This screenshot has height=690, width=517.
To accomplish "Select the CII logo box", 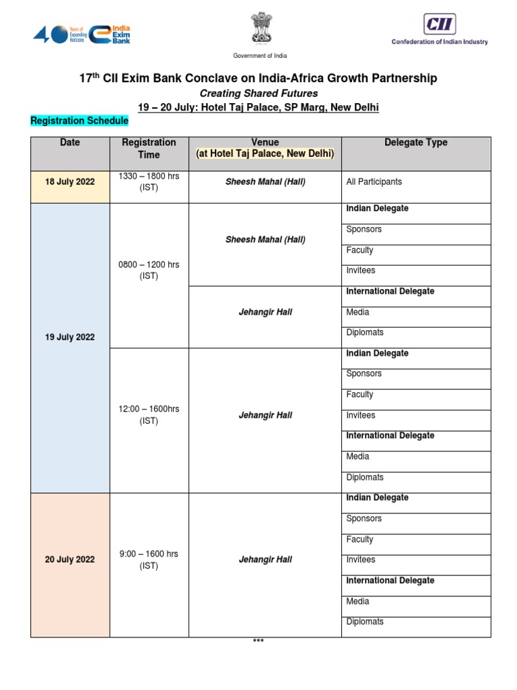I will (x=440, y=24).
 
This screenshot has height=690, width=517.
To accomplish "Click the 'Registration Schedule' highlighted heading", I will (x=79, y=121).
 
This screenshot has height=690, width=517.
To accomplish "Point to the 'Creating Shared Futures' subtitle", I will (x=258, y=93).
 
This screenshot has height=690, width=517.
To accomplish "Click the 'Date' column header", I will (x=70, y=143).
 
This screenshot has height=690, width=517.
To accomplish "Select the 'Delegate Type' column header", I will (x=415, y=143).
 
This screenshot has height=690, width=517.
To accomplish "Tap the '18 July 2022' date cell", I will (x=70, y=182).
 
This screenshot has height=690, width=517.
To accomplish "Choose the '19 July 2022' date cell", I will (x=70, y=338).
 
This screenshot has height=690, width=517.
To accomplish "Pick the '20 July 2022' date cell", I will (x=70, y=560).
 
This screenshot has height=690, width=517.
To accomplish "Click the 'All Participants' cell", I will (x=374, y=182).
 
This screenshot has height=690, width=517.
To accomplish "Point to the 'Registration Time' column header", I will (x=149, y=148).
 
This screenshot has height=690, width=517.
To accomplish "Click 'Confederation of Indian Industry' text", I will (x=440, y=42).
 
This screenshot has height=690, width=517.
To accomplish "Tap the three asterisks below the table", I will (x=258, y=641).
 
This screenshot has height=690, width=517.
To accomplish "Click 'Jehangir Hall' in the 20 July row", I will (x=265, y=560).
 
